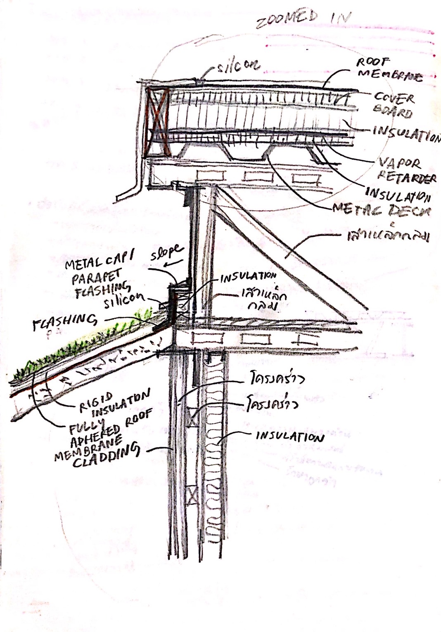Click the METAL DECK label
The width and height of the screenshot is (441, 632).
click(382, 211)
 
